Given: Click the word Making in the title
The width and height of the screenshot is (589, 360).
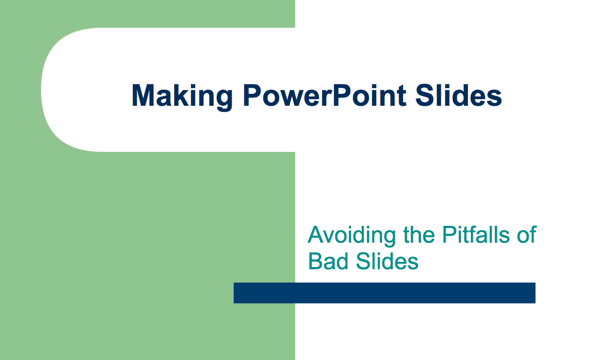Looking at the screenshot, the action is (182, 97).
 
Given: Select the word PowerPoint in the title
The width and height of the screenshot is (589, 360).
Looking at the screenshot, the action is (325, 95).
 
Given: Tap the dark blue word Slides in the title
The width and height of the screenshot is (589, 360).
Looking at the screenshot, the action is (459, 95).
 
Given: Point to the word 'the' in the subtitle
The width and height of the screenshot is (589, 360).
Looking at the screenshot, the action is (419, 234).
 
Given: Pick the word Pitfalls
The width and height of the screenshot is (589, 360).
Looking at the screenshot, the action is (476, 234).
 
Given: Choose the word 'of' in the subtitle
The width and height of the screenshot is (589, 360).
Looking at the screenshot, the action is (527, 234).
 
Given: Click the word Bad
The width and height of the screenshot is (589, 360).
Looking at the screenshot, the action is (328, 261).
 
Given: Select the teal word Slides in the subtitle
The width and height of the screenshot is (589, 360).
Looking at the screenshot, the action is (387, 261).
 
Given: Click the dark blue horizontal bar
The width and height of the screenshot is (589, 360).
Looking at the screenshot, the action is (384, 293).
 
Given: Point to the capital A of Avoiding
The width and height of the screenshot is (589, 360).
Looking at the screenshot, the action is (316, 234).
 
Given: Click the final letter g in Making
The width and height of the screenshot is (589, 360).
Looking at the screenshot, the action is (224, 101).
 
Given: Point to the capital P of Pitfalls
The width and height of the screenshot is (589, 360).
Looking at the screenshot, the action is (449, 234).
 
